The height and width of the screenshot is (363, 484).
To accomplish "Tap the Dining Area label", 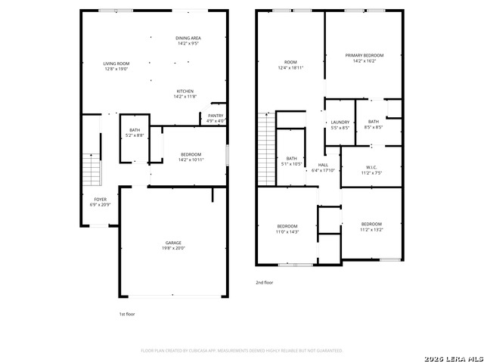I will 188,41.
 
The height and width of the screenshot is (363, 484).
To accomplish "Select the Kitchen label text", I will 185,94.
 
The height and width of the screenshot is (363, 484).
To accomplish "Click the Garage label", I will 174,245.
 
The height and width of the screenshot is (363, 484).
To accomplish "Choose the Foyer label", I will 100,202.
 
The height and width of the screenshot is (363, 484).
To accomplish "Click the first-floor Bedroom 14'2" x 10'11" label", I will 191,157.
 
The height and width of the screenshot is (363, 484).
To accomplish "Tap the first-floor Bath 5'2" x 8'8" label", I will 135,133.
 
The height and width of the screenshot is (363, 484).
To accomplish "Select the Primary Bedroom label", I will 364,58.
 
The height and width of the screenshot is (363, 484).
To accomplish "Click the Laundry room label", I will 340,125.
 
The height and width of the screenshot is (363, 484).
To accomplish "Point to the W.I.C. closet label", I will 371,170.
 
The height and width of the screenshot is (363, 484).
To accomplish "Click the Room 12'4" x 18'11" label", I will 290,65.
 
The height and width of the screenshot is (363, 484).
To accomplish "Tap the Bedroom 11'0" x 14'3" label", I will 287,229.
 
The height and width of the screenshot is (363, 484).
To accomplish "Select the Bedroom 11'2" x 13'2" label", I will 371,227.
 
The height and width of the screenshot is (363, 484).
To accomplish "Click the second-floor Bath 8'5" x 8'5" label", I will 374,125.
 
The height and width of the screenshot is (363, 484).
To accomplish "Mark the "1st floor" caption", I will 126,314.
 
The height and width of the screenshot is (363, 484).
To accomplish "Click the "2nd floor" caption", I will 265,282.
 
